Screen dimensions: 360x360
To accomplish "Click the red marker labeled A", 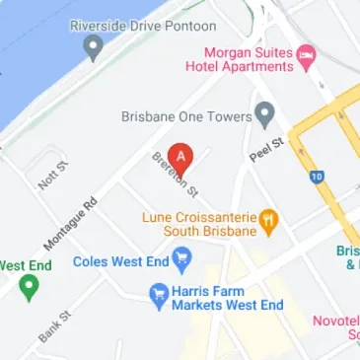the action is point(180,156).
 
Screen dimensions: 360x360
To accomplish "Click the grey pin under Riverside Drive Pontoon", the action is point(94,45).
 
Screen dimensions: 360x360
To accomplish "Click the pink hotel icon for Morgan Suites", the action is point(307,50).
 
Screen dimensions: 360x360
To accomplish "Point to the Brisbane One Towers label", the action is point(184,115).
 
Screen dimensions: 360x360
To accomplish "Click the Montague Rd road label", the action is point(71,221).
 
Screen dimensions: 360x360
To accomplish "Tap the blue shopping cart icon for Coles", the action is point(181,260).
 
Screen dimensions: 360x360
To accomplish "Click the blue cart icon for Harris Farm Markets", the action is point(156,293).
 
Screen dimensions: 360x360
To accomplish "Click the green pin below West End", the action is point(29,288).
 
